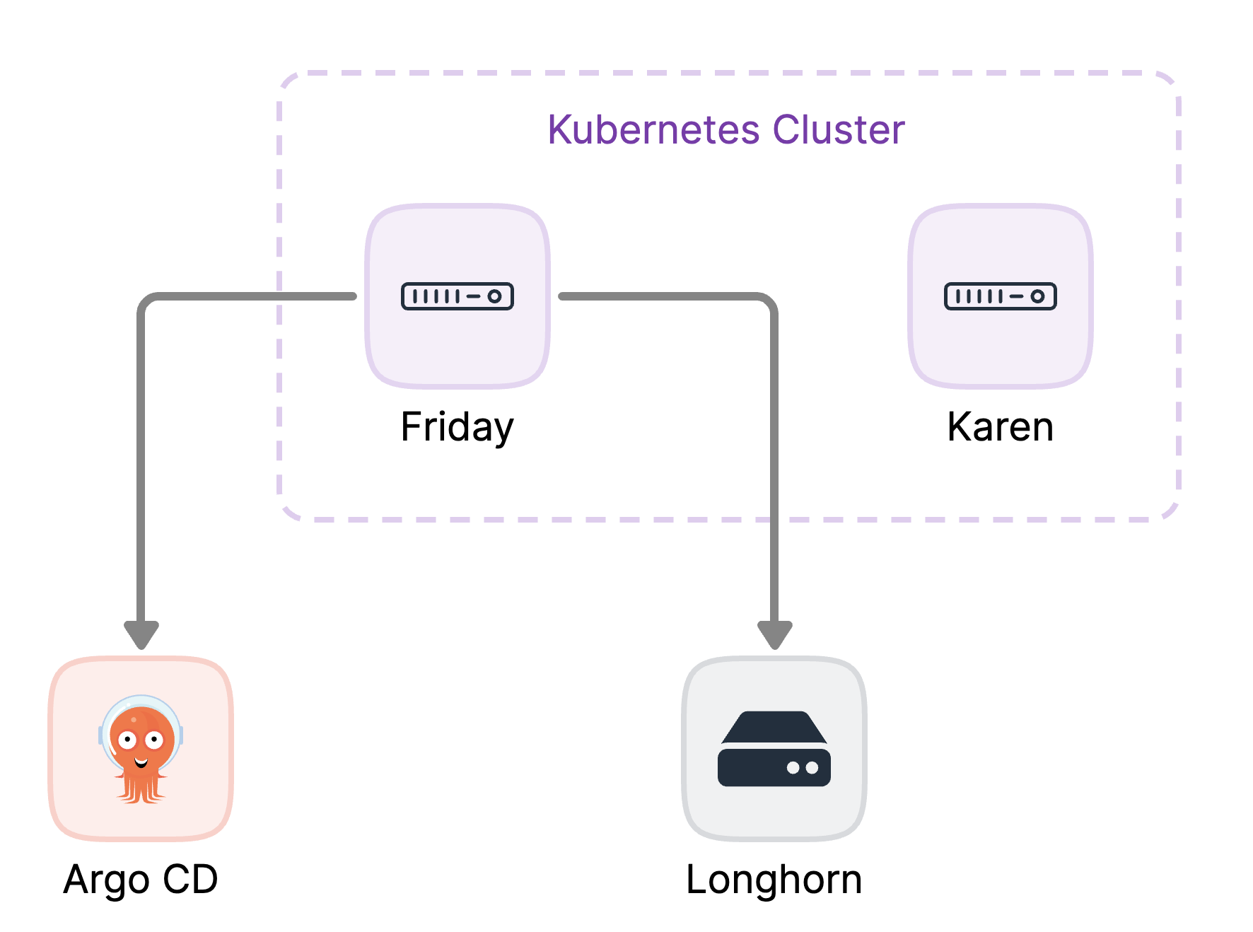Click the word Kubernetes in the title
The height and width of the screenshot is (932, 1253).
(653, 130)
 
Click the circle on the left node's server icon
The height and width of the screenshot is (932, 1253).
(494, 296)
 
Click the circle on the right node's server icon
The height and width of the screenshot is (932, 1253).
(1037, 296)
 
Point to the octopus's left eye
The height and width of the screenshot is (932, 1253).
(127, 740)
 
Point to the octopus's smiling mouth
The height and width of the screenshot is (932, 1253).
(141, 762)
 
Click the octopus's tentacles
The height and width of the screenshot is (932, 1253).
(141, 788)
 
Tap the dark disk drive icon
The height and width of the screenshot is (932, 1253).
(774, 750)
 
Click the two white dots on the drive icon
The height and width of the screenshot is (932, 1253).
(803, 768)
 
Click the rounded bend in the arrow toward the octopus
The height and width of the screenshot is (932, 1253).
(146, 301)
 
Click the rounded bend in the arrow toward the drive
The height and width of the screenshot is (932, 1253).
(769, 301)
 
